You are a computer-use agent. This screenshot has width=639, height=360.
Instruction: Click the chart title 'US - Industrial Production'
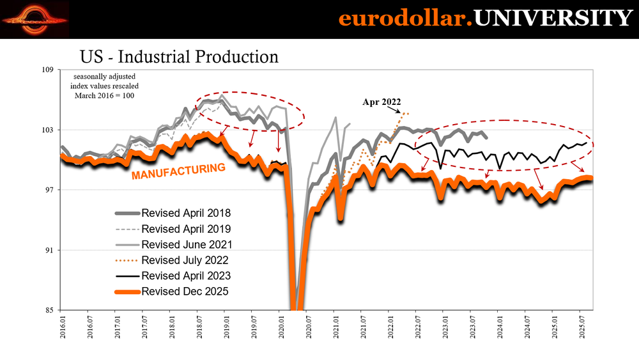[179, 57]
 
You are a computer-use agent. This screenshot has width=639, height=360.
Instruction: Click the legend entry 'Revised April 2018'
[186, 213]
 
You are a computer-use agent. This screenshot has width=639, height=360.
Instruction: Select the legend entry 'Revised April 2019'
[186, 229]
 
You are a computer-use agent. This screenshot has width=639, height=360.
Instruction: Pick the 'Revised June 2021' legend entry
[186, 244]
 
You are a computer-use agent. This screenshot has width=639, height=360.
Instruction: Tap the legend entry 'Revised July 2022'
[185, 260]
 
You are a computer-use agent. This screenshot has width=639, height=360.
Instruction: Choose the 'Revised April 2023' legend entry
[186, 276]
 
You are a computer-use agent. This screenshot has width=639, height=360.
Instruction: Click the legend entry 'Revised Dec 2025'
[185, 292]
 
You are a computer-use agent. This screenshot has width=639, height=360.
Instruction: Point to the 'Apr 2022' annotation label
[382, 102]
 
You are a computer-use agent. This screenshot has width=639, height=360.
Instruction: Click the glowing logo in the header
[36, 19]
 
